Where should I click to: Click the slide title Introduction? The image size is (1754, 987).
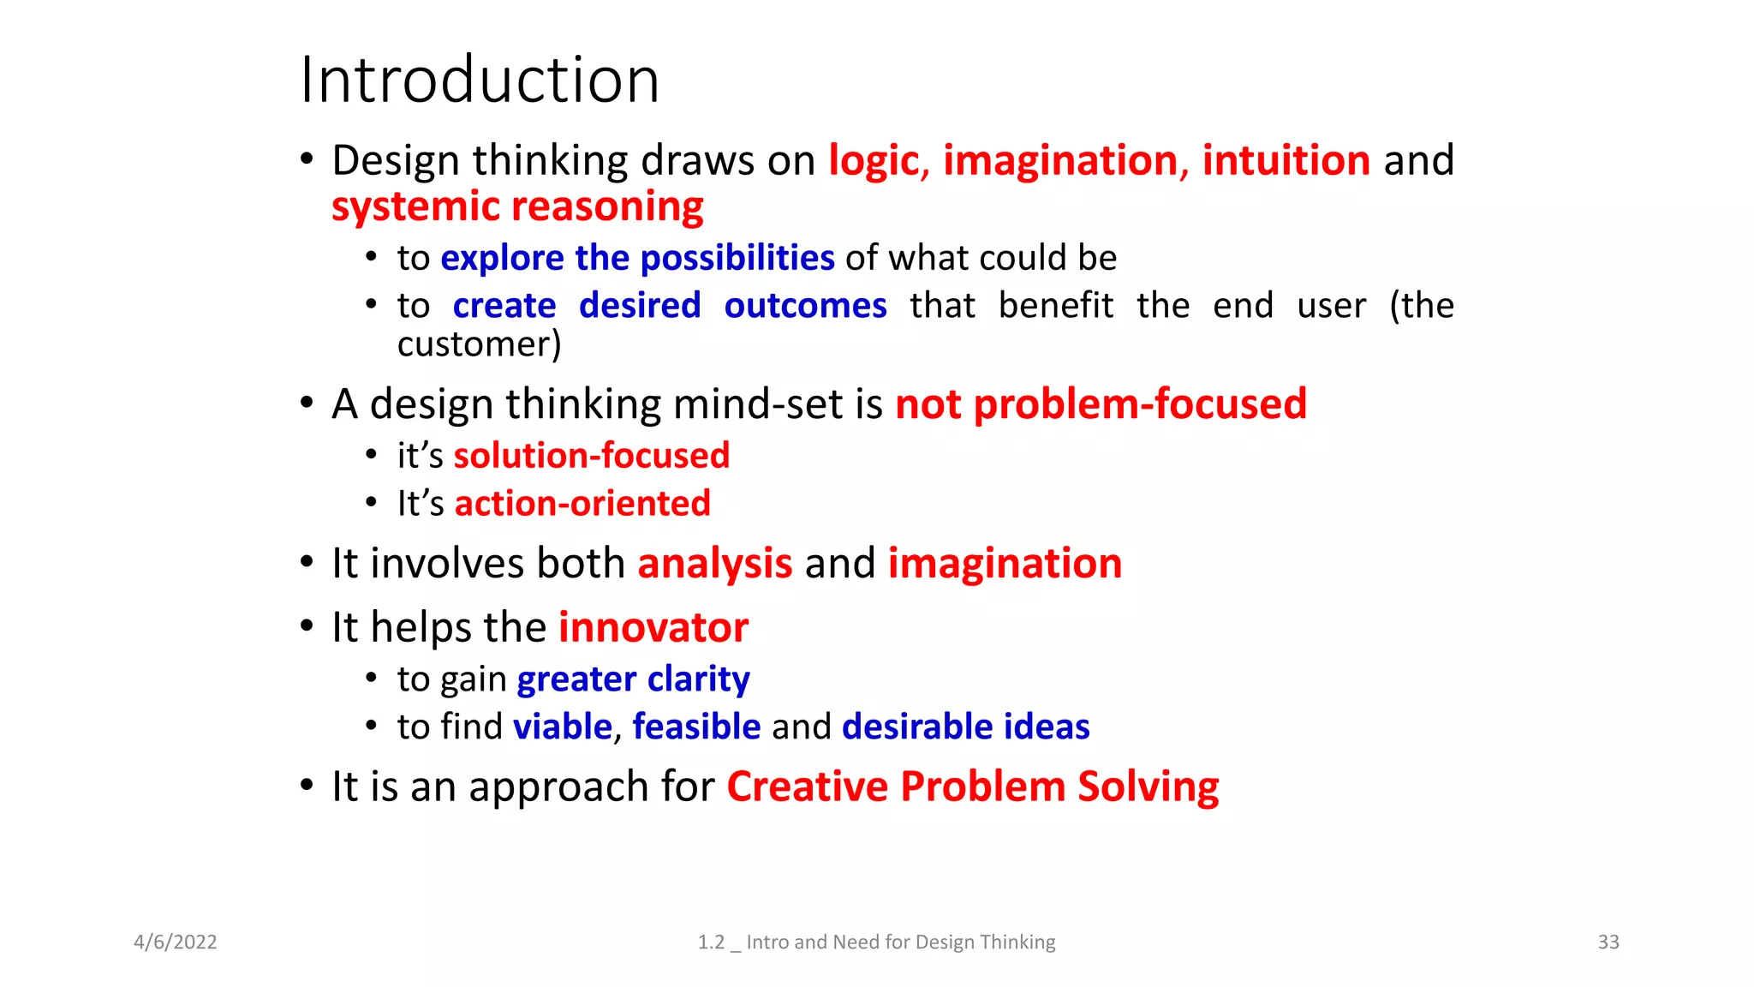480,80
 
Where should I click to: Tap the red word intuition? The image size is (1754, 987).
1286,161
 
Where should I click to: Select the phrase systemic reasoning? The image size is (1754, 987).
517,206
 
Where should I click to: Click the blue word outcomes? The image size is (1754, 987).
805,306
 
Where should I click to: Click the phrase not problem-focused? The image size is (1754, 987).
1101,404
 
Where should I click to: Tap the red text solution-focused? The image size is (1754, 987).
591,456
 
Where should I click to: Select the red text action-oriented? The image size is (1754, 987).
582,504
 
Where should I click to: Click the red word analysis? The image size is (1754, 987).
714,564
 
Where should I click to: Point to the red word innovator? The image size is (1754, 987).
653,628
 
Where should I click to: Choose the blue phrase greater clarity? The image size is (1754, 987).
633,679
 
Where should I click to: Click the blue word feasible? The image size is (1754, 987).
696,727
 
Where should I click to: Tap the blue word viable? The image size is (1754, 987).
563,727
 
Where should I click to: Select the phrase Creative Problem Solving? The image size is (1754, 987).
973,787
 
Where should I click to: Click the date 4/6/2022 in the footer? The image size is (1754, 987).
176,942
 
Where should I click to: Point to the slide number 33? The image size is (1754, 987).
1608,942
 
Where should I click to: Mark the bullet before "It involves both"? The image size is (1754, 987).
307,563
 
